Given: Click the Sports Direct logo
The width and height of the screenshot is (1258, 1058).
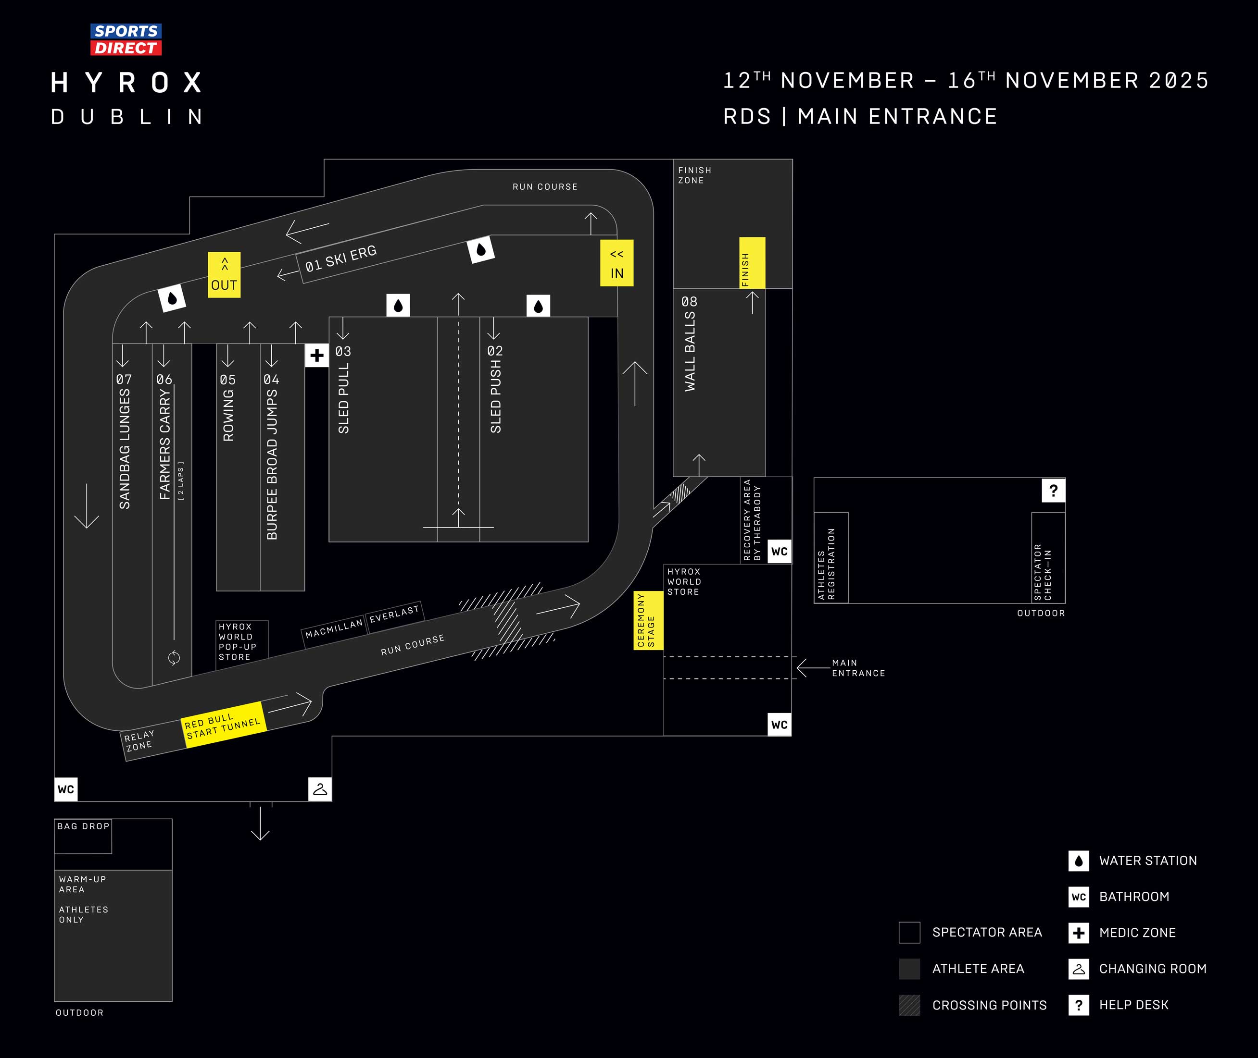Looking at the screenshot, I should [x=126, y=39].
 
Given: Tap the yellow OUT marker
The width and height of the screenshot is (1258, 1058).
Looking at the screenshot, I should [x=224, y=275].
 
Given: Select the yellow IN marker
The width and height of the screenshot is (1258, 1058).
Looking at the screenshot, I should [x=616, y=263].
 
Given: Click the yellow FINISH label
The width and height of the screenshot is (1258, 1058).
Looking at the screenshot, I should [x=752, y=263].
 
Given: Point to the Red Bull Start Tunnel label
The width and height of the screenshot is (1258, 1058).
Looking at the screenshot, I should [x=223, y=725].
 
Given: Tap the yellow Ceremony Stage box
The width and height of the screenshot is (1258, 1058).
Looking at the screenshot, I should [x=648, y=620].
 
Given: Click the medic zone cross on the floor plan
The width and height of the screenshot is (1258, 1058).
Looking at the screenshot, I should [x=316, y=356].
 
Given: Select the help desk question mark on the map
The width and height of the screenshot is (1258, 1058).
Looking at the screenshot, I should [x=1053, y=491].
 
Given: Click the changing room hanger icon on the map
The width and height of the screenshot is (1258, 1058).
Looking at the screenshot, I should [x=320, y=789].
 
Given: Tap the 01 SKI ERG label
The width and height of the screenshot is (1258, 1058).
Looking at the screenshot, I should [x=340, y=259].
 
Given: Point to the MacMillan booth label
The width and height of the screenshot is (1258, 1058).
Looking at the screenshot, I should [x=334, y=629].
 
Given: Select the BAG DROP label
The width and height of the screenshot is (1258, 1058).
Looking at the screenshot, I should [x=83, y=826].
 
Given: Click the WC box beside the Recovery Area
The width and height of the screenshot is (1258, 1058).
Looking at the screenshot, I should [x=779, y=551].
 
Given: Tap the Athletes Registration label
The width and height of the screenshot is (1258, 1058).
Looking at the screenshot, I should [x=827, y=564].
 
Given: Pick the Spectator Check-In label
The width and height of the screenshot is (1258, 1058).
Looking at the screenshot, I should [x=1043, y=572].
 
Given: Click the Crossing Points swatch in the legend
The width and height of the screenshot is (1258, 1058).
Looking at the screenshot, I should [x=909, y=1005].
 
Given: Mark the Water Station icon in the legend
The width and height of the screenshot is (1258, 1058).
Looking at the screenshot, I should [x=1079, y=861].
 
